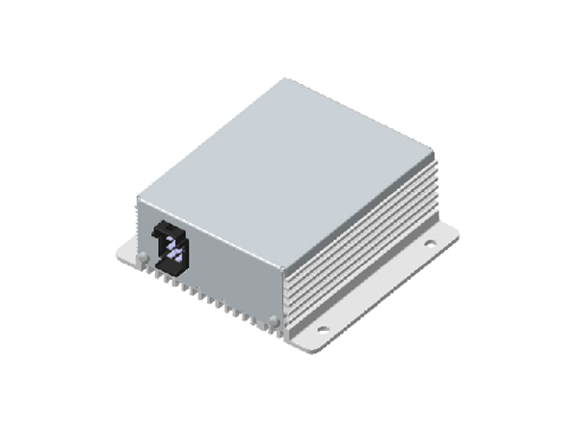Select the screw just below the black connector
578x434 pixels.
click(x=143, y=258)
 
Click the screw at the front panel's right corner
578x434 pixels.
click(x=276, y=319)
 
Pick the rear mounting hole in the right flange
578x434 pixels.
click(x=431, y=244)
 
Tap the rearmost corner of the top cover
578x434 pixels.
click(x=286, y=79)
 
